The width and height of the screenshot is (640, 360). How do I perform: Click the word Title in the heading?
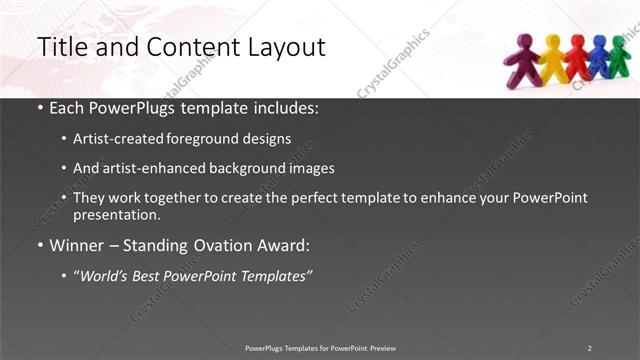62,47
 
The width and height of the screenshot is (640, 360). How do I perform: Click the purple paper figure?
523,58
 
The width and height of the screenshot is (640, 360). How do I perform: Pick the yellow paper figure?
553,58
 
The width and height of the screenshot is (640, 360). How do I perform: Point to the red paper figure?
577,58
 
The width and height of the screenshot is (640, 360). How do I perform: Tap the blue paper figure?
599,57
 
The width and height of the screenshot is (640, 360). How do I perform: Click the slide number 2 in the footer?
589,347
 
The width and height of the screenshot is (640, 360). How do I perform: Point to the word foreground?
208,138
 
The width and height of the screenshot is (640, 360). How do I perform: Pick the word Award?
284,244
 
